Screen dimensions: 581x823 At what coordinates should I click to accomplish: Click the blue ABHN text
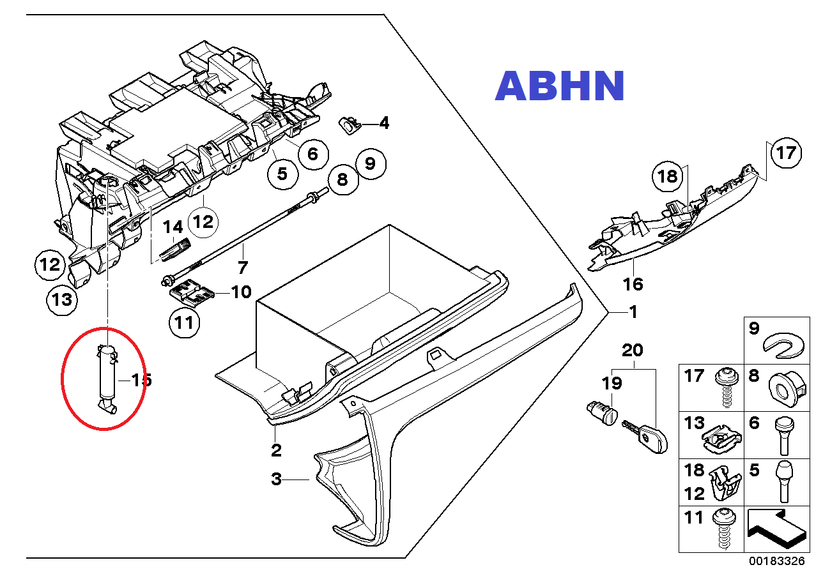(559, 86)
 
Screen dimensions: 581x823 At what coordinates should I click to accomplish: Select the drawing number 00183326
(778, 561)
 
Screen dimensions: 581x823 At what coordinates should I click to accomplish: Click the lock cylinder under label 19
(600, 412)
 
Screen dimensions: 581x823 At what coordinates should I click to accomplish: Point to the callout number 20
(633, 351)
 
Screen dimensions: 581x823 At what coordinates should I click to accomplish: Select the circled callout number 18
(668, 176)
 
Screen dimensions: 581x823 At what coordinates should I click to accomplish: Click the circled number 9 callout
(371, 164)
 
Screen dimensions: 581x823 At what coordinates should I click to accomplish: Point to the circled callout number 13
(62, 299)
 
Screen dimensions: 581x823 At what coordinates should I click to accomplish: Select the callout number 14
(173, 227)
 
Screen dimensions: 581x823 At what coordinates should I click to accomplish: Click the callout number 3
(276, 479)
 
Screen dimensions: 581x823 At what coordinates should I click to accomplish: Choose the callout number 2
(276, 450)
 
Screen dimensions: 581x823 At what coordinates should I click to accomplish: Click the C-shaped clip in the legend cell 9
(785, 345)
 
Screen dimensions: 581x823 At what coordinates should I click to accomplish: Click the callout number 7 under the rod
(242, 266)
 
